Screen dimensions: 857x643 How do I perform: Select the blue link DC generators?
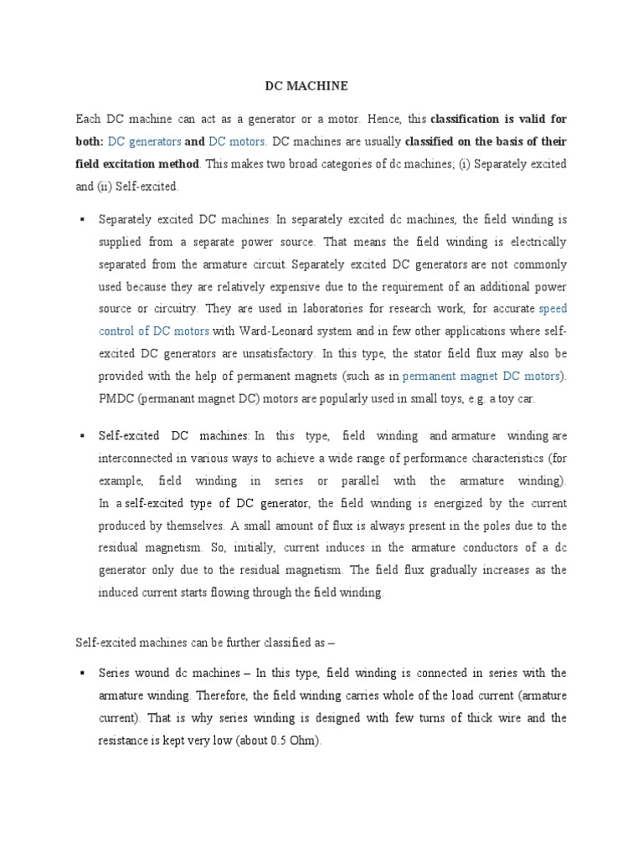pyautogui.click(x=145, y=142)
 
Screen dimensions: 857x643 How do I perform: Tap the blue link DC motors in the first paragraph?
pyautogui.click(x=237, y=142)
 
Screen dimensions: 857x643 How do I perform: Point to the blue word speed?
pyautogui.click(x=553, y=309)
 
